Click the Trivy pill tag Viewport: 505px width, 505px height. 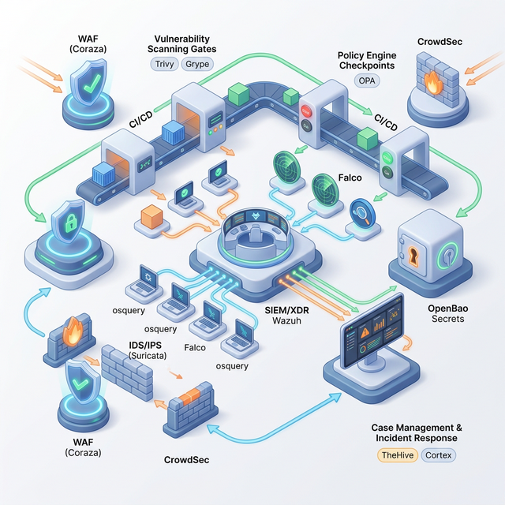pyautogui.click(x=165, y=64)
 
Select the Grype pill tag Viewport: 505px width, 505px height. pyautogui.click(x=196, y=64)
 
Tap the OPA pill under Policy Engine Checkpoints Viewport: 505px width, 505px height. pyautogui.click(x=368, y=81)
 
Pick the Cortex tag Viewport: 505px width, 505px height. pyautogui.click(x=439, y=455)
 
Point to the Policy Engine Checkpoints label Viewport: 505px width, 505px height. pyautogui.click(x=367, y=61)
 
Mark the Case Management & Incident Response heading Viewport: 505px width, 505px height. pyautogui.click(x=417, y=432)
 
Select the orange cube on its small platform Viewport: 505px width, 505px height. pyautogui.click(x=150, y=216)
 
